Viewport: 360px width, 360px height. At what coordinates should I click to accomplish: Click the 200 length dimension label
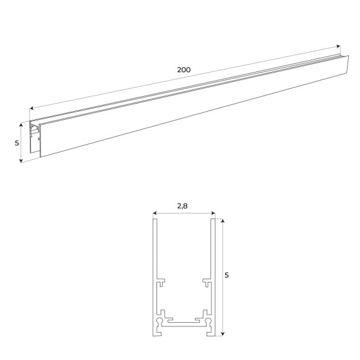pos(183,70)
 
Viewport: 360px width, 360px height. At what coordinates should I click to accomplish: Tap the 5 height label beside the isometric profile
pos(17,143)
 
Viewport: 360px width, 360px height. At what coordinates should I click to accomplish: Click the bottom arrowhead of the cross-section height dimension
pos(222,333)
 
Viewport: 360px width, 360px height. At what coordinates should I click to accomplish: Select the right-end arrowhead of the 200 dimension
pos(338,47)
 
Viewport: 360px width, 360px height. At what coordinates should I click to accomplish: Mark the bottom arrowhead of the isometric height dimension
pos(22,160)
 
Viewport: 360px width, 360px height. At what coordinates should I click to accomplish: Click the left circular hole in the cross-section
pos(161,322)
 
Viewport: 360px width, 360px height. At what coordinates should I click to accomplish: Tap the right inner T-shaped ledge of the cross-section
pos(206,282)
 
